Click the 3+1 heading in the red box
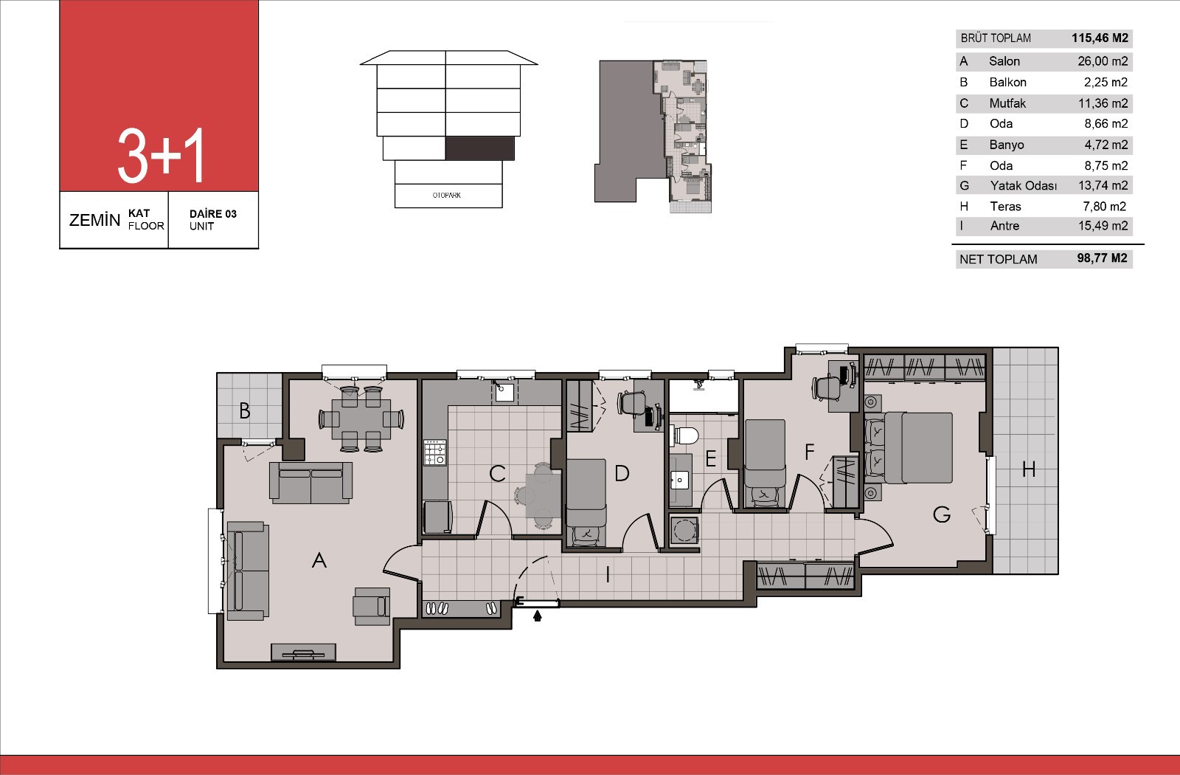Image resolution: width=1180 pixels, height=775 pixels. (161, 156)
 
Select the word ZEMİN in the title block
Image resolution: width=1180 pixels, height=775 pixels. (95, 220)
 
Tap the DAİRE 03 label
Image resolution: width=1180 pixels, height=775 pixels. (213, 213)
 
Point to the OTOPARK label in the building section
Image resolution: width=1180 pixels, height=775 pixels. (447, 195)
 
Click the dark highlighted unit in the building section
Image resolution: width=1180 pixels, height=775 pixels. (480, 148)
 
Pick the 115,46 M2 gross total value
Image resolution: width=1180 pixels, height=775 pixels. (1100, 38)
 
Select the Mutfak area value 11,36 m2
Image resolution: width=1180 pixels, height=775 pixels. (1103, 103)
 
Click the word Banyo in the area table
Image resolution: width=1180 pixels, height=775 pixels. (1007, 145)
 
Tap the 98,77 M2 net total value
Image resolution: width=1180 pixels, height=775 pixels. (1102, 258)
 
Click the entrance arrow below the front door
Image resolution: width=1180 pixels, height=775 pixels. (538, 616)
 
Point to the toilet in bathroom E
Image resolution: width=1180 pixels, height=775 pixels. (685, 436)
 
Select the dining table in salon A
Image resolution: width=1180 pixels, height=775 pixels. (361, 419)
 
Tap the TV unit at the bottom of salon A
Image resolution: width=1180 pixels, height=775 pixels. (303, 652)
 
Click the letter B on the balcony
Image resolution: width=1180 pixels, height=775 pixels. (244, 410)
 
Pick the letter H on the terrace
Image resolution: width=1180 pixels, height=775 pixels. (1028, 469)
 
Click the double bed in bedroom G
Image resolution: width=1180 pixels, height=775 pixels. (918, 447)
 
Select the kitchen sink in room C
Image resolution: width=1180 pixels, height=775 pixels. (504, 392)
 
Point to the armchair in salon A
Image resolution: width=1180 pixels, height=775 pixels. (372, 606)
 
